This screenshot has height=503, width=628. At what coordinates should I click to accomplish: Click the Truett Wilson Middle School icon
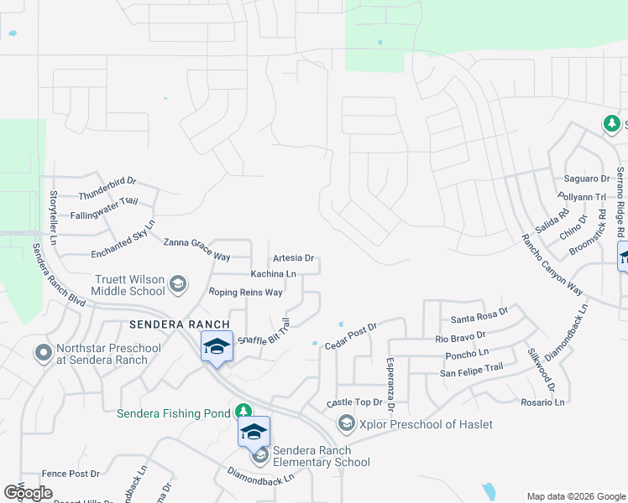pyautogui.click(x=177, y=285)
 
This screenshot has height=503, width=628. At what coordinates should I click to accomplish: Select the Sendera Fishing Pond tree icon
pyautogui.click(x=243, y=412)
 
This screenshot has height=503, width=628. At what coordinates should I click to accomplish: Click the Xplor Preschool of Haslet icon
pyautogui.click(x=346, y=424)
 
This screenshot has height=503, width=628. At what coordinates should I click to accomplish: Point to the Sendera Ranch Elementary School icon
pyautogui.click(x=260, y=455)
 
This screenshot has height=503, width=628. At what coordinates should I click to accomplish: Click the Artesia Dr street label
pyautogui.click(x=293, y=258)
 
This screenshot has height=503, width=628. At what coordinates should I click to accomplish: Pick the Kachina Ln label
pyautogui.click(x=274, y=274)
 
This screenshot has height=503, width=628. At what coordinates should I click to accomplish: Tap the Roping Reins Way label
pyautogui.click(x=246, y=293)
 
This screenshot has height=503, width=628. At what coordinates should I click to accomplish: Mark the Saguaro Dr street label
pyautogui.click(x=587, y=179)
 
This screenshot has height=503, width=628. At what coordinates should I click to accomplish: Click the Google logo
pyautogui.click(x=29, y=493)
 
